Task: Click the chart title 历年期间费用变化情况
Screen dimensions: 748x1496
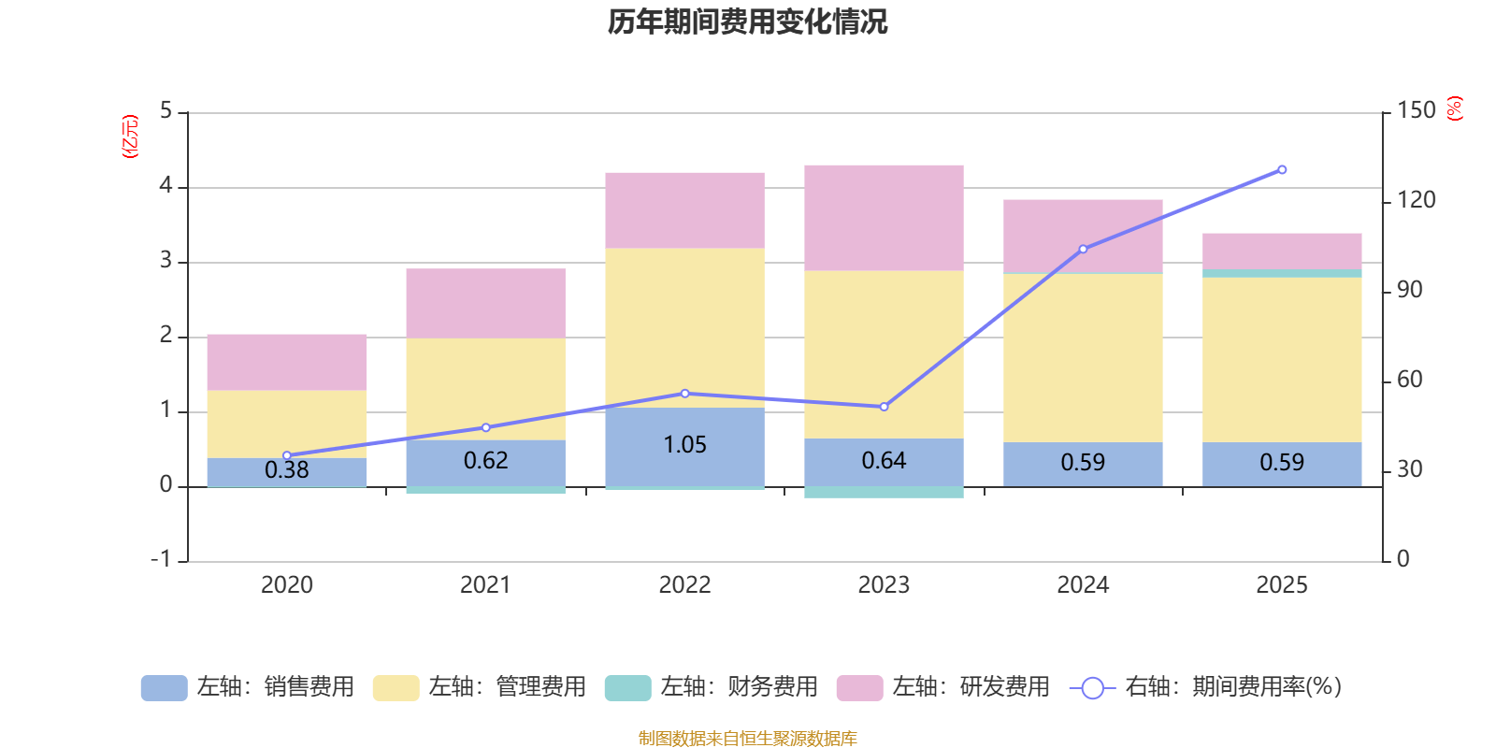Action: pos(747,22)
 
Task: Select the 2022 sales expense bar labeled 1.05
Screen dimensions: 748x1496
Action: pos(684,446)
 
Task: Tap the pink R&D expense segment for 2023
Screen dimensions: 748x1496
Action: pos(884,217)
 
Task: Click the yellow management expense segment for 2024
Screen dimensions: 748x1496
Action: pos(1083,357)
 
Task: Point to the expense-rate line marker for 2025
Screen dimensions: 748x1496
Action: pos(1282,170)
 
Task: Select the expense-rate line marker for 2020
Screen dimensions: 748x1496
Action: pos(287,455)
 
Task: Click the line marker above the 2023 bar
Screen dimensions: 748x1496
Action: pos(884,407)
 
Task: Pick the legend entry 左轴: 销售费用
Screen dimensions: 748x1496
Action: pos(248,687)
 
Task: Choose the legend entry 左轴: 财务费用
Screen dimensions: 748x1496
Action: pos(712,687)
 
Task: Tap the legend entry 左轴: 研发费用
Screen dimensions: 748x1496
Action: pos(943,687)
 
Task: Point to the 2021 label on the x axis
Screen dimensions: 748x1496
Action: pos(485,584)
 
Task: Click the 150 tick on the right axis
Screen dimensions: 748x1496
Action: pos(1416,110)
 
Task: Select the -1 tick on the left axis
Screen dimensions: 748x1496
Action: pos(162,559)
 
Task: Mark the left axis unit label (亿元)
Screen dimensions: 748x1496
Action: pos(130,137)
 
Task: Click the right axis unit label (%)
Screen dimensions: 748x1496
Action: pos(1454,108)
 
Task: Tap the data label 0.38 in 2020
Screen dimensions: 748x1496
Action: pos(287,469)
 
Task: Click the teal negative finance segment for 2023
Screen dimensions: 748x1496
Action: pos(884,492)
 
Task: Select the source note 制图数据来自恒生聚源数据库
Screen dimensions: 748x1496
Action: pos(747,739)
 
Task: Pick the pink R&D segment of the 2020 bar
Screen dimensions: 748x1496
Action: pos(287,362)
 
